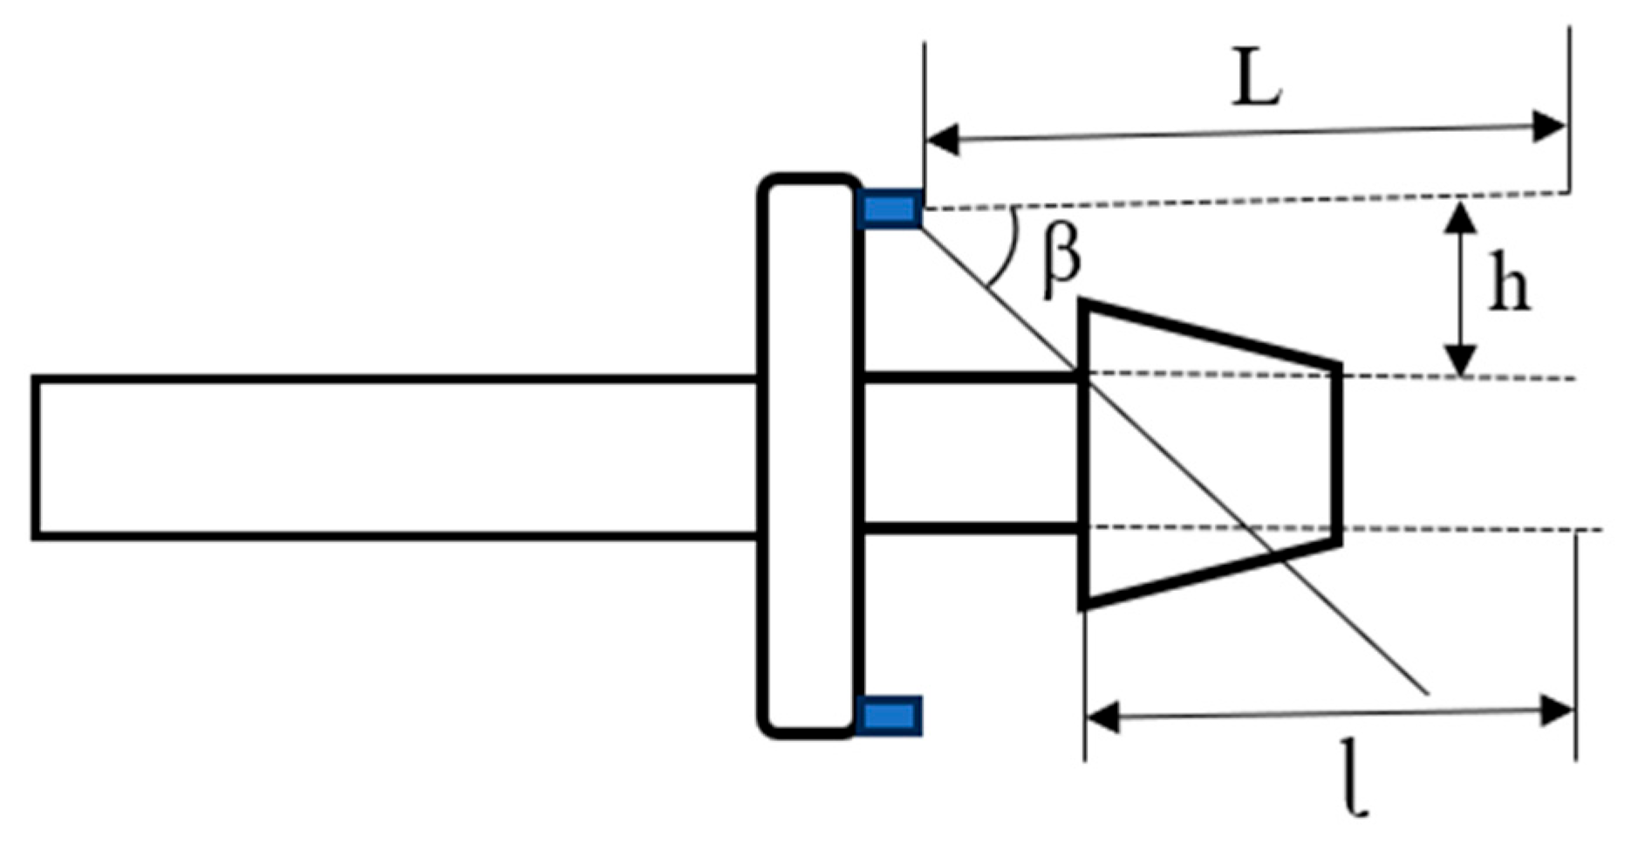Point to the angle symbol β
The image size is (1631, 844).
(x=1061, y=258)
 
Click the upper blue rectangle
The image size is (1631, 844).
(x=890, y=209)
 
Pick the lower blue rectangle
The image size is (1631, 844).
(x=890, y=717)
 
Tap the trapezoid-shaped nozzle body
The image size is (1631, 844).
(x=1208, y=454)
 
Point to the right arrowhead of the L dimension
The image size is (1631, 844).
(x=1550, y=127)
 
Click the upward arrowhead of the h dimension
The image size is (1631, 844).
(x=1461, y=216)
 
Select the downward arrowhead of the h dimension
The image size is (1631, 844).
(x=1461, y=360)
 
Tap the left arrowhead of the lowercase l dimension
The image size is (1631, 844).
(x=1102, y=718)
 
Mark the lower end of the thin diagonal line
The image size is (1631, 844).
(x=1426, y=693)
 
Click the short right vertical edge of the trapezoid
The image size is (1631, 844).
(x=1338, y=454)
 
